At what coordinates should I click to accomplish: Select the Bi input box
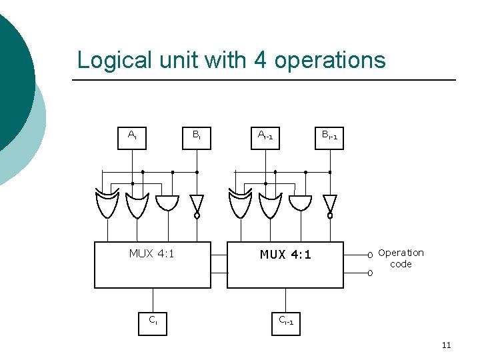click(197, 135)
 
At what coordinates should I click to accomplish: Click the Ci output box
click(153, 321)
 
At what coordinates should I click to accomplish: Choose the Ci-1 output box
click(285, 321)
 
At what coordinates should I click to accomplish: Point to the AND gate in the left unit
click(167, 203)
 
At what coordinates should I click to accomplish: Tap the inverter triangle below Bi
click(197, 203)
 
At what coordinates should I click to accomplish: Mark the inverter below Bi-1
click(329, 203)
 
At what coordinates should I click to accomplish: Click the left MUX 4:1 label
click(152, 253)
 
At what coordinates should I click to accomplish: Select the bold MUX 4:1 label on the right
click(285, 255)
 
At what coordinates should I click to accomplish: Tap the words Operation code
click(401, 258)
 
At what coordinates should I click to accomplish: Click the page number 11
click(446, 345)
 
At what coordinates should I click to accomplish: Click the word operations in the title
click(329, 61)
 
